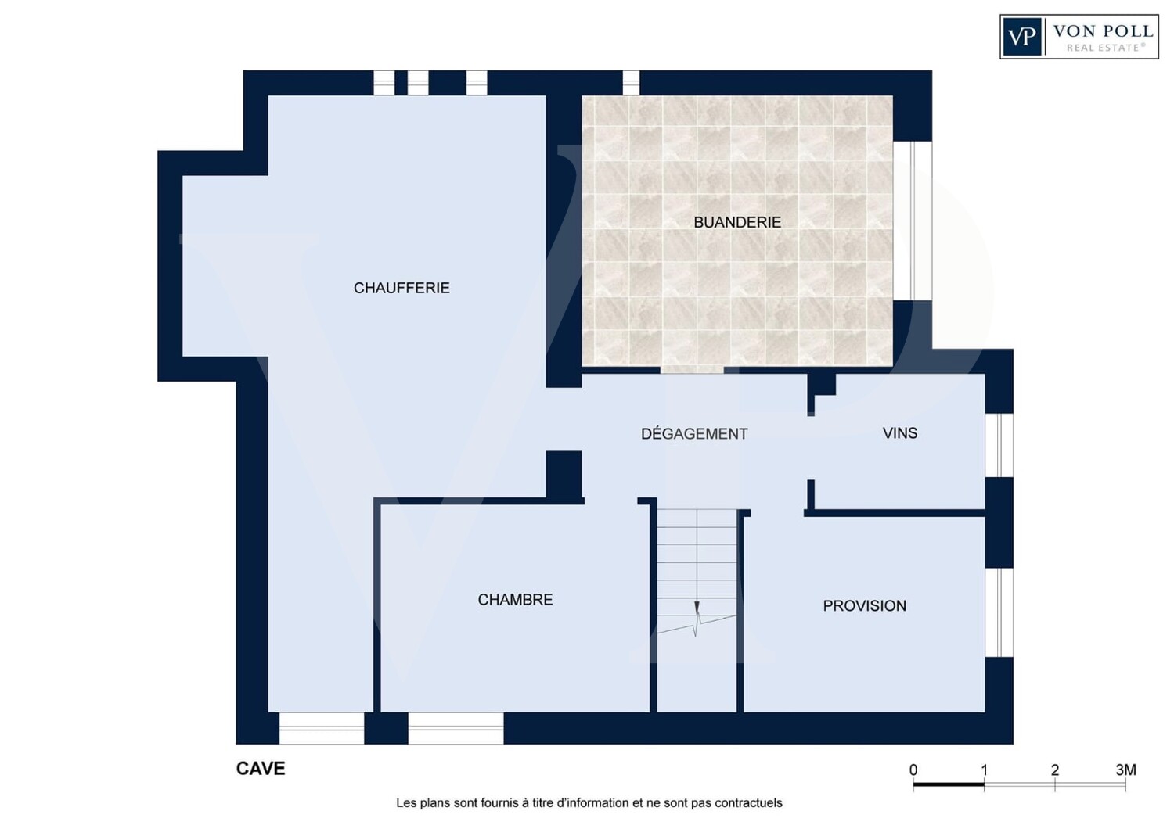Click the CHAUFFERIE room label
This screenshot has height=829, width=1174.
pos(402,288)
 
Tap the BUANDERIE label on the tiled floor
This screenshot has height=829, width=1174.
pos(737,223)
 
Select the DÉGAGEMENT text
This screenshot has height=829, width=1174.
pos(694,433)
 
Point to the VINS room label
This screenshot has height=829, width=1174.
pos(900,433)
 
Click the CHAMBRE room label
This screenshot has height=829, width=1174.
pos(515,600)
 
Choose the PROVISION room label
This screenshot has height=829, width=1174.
pos(864,606)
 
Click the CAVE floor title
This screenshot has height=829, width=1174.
pos(261,768)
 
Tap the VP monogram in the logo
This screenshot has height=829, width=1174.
pos(1021,37)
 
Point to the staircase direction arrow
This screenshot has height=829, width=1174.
pos(697,608)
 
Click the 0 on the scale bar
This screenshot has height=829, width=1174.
pos(913,770)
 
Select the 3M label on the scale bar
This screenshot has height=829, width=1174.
pos(1125,770)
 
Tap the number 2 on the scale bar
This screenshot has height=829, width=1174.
pos(1054,770)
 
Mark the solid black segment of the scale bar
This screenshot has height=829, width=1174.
pos(949,784)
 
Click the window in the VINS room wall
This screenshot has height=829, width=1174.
pos(999,445)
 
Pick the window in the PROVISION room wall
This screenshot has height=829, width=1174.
pos(999,612)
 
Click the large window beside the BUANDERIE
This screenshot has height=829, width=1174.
pos(913,221)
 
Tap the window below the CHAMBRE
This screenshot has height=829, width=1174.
pos(456,728)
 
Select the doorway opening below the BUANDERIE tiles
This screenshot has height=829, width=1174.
pos(692,370)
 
